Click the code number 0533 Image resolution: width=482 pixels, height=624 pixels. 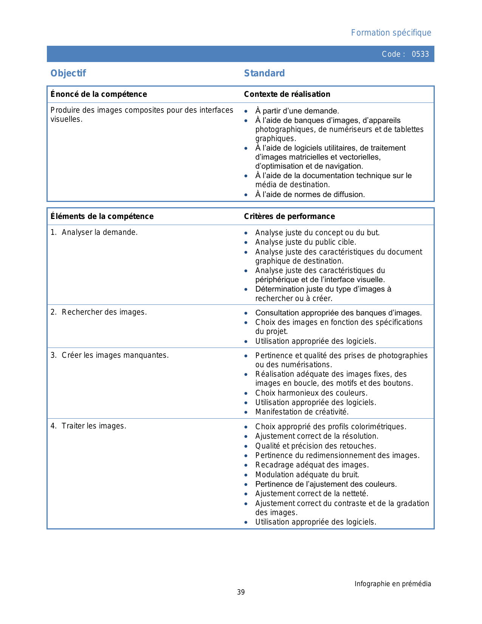point(420,54)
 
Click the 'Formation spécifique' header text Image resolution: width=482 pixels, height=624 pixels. point(391,33)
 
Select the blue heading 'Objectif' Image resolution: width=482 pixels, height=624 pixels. point(68,73)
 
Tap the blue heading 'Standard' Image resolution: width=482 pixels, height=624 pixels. point(264,73)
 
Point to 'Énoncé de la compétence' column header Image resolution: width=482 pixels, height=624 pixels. point(99,94)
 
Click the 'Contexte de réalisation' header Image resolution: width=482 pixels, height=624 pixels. point(287,94)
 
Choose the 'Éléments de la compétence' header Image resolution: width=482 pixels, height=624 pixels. point(102,216)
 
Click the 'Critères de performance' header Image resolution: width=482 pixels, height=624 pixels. point(289,216)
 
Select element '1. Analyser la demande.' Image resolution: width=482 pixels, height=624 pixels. point(94,232)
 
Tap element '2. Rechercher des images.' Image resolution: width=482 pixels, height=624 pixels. point(99,312)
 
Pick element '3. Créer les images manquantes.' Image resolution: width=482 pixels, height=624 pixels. point(110,355)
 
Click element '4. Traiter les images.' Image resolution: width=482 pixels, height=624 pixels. point(88,426)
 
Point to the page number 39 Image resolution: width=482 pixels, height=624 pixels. point(241,592)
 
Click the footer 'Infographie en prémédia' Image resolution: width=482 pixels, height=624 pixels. point(392,584)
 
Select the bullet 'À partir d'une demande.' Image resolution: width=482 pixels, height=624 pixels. point(297,111)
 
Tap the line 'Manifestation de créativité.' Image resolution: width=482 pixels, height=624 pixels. point(302,412)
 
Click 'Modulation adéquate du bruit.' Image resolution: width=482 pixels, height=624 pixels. point(307,475)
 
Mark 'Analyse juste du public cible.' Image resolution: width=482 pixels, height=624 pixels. point(305,242)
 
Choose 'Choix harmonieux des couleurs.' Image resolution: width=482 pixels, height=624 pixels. point(311,393)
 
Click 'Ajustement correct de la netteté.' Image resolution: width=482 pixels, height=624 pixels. point(312,494)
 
